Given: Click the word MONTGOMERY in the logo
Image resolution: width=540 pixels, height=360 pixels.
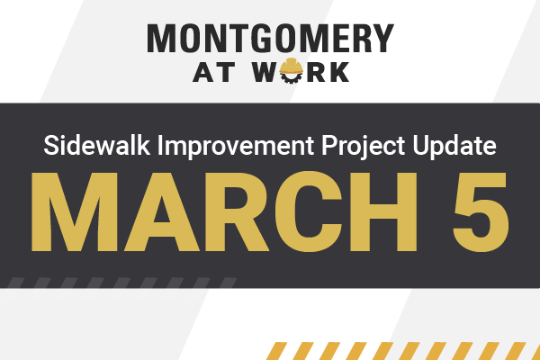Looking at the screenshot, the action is (x=270, y=38).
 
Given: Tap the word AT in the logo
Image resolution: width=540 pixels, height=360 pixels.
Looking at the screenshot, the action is (x=214, y=72).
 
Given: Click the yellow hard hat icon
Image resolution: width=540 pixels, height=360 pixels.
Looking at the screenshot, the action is (x=291, y=66).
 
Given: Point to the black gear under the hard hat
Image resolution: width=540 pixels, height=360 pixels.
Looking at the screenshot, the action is (x=291, y=78).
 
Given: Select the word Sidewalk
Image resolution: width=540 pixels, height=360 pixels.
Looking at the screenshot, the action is (x=97, y=146).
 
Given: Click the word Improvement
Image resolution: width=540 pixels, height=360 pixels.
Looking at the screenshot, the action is (x=236, y=146).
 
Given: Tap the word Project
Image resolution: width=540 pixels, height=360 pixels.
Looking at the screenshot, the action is (x=363, y=146).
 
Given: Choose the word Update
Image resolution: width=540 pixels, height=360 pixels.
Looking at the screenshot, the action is (x=454, y=146).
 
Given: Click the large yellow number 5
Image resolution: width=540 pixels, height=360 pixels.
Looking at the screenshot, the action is (x=481, y=211).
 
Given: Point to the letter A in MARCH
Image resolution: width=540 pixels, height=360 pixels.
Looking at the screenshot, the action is (x=161, y=211).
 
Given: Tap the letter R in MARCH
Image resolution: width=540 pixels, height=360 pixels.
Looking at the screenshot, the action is (x=237, y=211).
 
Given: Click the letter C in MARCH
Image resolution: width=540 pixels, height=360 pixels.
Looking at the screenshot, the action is (x=308, y=211).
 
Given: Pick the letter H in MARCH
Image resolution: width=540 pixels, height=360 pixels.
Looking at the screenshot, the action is (x=383, y=211).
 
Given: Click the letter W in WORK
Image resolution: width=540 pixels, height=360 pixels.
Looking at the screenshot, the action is (x=265, y=72).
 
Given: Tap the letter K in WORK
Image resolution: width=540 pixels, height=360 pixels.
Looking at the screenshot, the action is (x=340, y=72).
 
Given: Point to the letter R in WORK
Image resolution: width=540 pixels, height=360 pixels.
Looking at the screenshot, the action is (x=316, y=72).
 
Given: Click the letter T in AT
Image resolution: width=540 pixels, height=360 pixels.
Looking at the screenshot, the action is (x=226, y=72).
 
